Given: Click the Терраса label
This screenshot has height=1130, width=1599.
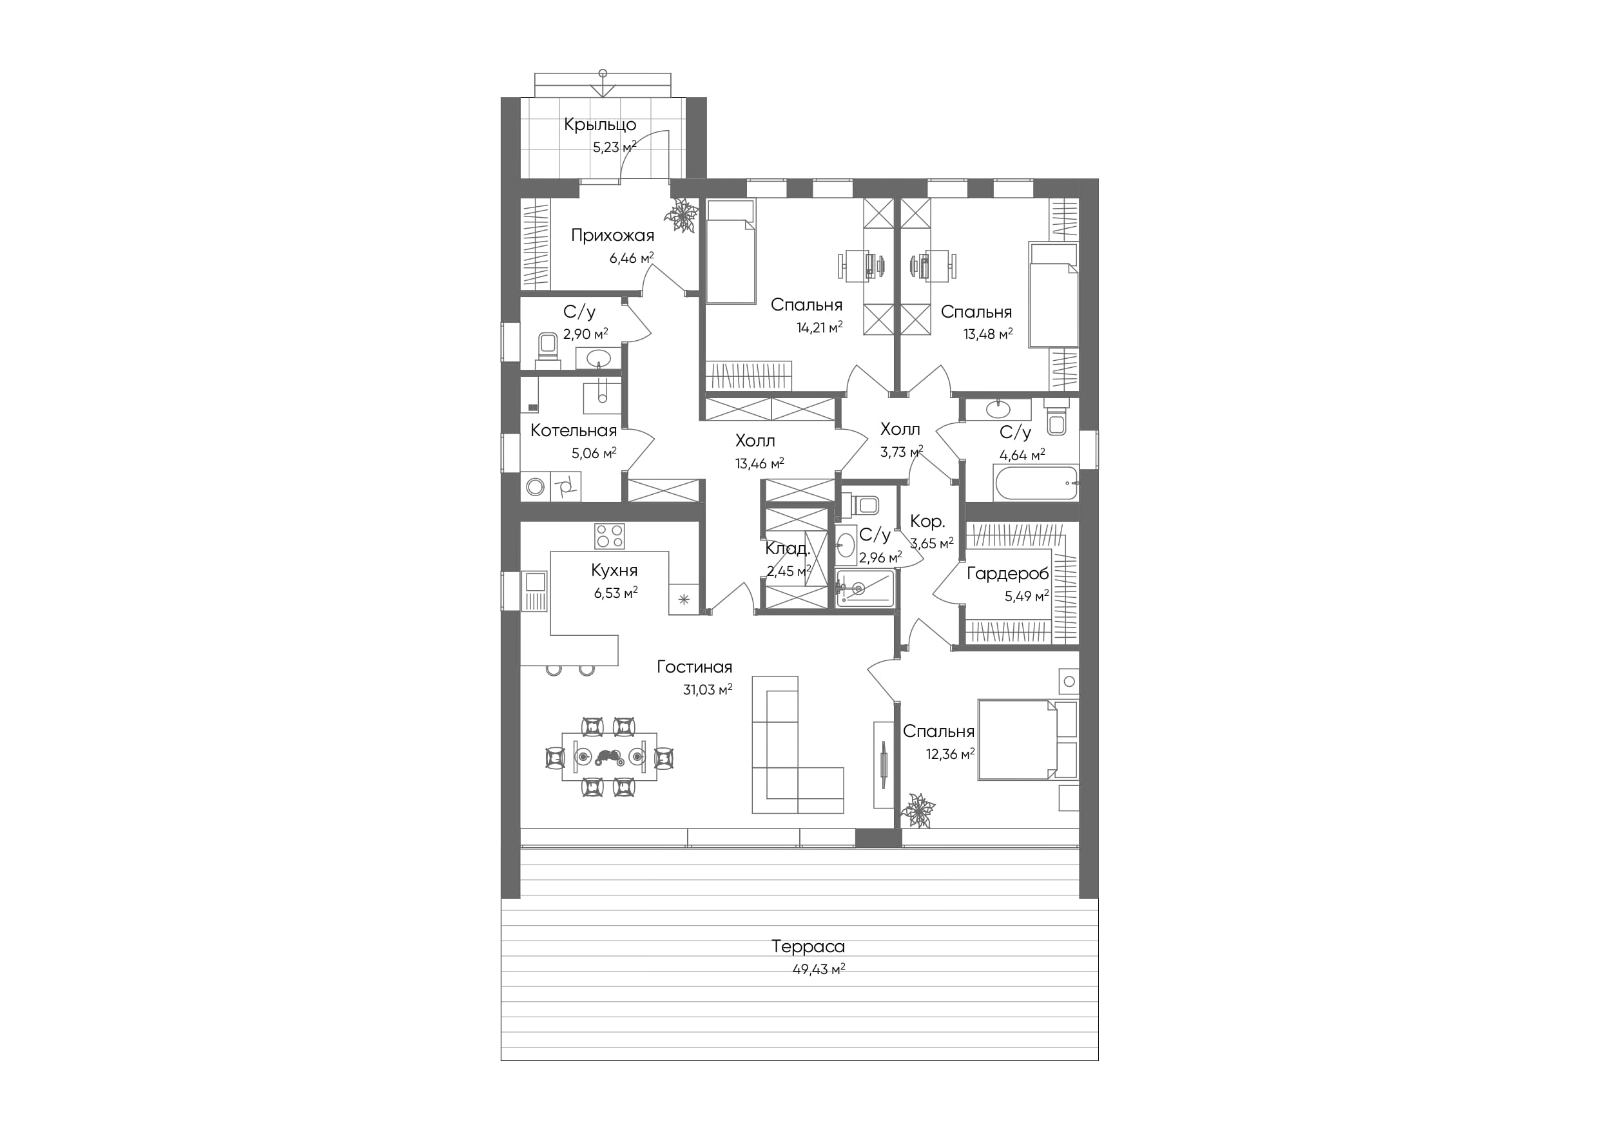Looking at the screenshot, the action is point(808,946).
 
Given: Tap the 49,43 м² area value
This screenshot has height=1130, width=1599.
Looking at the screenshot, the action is point(819,969).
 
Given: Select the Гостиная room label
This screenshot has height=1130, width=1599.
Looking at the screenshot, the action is point(694,667).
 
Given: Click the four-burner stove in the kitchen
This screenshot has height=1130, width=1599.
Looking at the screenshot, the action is point(610,536).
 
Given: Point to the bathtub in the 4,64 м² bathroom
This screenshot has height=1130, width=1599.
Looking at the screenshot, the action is point(1036,482).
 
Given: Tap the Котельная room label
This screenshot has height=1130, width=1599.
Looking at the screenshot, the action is point(573,430).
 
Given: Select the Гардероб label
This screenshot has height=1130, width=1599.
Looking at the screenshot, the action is point(1008,574).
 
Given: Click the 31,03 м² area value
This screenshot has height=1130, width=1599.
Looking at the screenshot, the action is point(708,689).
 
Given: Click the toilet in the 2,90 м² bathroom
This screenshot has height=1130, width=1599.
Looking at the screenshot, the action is point(547,348).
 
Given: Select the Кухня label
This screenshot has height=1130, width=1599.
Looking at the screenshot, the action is point(614,570).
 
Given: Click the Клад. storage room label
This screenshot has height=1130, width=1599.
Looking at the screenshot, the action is point(788,549).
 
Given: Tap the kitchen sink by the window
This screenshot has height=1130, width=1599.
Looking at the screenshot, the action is point(535,590).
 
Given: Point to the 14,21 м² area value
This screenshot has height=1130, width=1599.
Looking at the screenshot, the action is point(820,327).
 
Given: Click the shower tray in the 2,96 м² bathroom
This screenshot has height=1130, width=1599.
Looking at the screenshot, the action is point(864,588).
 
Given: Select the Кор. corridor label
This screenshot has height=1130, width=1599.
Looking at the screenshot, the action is point(927,521).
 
